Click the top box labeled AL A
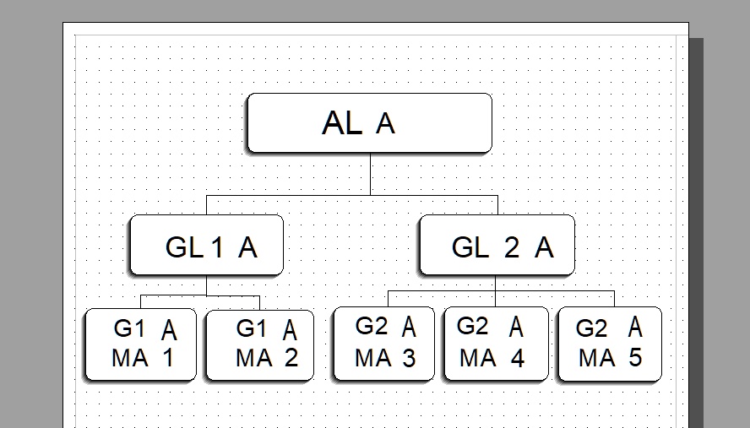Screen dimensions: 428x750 (x=369, y=123)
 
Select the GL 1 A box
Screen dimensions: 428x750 (x=206, y=246)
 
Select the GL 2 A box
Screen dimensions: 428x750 (x=497, y=246)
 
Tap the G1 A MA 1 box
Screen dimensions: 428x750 (x=140, y=344)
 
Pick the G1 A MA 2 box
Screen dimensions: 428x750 (x=260, y=345)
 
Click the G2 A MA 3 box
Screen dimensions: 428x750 (x=383, y=344)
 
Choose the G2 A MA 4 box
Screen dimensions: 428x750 (x=496, y=344)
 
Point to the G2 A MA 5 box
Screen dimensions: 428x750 (x=609, y=344)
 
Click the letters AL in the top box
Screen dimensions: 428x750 (x=341, y=124)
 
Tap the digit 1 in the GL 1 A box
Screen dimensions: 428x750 (x=217, y=248)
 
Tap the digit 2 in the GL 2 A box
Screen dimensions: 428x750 (x=512, y=248)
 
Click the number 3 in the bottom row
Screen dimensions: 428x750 (x=409, y=358)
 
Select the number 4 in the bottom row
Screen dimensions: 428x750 (x=517, y=358)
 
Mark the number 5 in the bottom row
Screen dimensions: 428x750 (x=634, y=358)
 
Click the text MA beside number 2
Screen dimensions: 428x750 (x=253, y=358)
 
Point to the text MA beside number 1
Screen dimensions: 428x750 (x=129, y=358)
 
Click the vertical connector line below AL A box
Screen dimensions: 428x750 (x=370, y=175)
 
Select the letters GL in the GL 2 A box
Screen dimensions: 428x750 (x=470, y=248)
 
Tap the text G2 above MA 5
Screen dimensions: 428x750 (x=591, y=328)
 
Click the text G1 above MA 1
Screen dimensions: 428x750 (x=129, y=328)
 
